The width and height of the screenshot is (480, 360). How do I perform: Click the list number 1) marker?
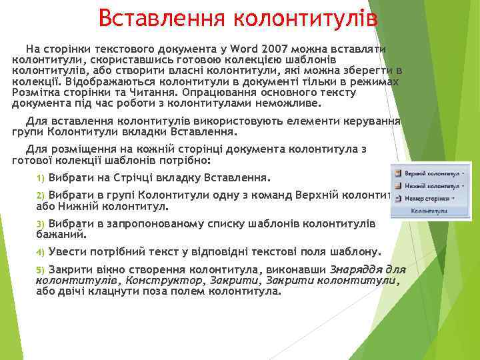pyautogui.click(x=40, y=179)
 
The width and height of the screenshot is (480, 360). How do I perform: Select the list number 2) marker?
pyautogui.click(x=40, y=195)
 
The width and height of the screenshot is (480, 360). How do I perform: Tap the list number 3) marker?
pyautogui.click(x=40, y=223)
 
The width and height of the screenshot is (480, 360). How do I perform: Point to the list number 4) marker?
pyautogui.click(x=40, y=253)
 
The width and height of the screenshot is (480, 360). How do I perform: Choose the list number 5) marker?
pyautogui.click(x=40, y=269)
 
